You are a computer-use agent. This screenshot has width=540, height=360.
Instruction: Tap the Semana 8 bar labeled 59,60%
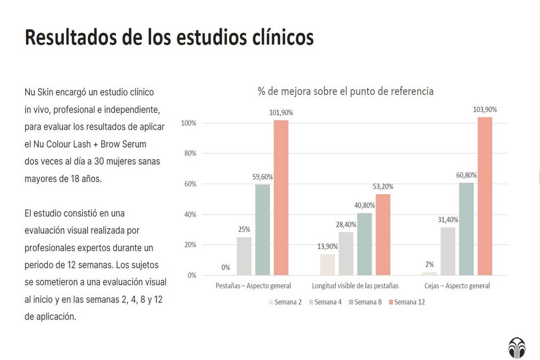(x=262, y=229)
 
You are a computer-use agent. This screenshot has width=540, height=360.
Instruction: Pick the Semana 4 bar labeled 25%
(x=244, y=256)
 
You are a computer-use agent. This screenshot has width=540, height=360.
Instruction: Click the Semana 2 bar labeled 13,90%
(x=327, y=265)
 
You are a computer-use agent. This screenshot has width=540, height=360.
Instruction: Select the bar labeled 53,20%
(x=383, y=234)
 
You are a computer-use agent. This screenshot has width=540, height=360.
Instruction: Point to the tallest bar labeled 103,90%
(x=485, y=196)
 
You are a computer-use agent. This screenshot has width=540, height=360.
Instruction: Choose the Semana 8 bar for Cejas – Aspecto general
(x=466, y=229)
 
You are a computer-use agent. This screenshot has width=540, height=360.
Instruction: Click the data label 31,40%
(x=448, y=220)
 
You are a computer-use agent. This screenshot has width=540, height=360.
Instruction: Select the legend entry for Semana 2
(x=285, y=302)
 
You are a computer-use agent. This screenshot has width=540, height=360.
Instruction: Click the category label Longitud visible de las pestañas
(x=355, y=286)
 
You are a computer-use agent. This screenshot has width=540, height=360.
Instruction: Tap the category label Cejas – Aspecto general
(x=457, y=286)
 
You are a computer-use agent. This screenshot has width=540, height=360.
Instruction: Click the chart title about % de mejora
(x=345, y=91)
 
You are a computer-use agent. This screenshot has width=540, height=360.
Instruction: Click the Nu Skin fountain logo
(x=516, y=347)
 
